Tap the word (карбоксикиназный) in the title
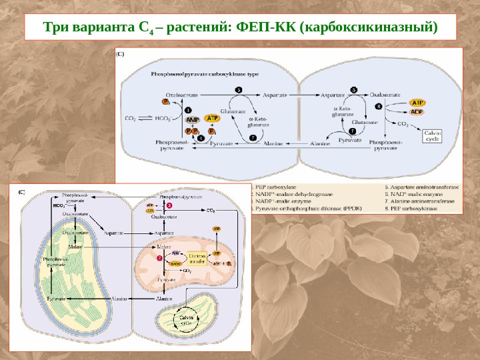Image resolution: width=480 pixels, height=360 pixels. coord(368,29)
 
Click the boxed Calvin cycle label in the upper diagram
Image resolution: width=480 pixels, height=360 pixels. coord(432,136)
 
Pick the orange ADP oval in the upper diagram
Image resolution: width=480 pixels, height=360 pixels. coord(417,112)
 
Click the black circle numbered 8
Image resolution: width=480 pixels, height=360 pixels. coord(379,106)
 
